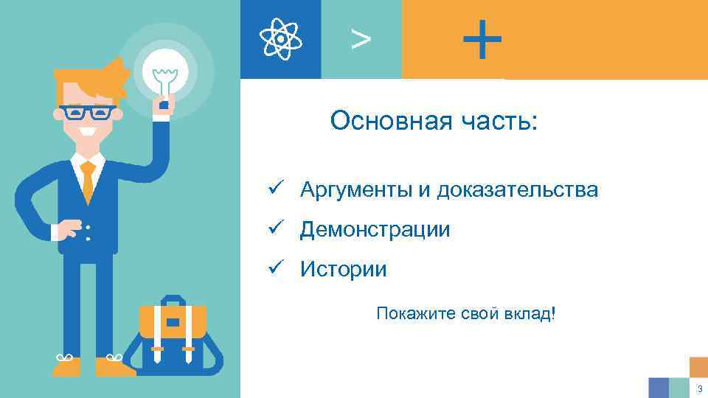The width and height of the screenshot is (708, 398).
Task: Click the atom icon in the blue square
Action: (x=280, y=38)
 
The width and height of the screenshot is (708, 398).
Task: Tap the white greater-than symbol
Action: (x=361, y=40)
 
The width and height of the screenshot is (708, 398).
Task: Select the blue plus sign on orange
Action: (x=482, y=39)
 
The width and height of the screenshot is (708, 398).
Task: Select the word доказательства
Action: (x=518, y=190)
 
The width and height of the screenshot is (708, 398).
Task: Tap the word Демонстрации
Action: (x=375, y=230)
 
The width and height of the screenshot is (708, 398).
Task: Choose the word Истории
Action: (x=343, y=269)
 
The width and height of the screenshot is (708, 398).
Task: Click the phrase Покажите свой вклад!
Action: (x=466, y=314)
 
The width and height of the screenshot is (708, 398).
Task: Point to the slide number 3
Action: (x=698, y=388)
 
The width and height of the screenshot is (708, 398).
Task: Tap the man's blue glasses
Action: (x=88, y=113)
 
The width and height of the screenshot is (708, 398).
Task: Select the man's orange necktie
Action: (x=88, y=181)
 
